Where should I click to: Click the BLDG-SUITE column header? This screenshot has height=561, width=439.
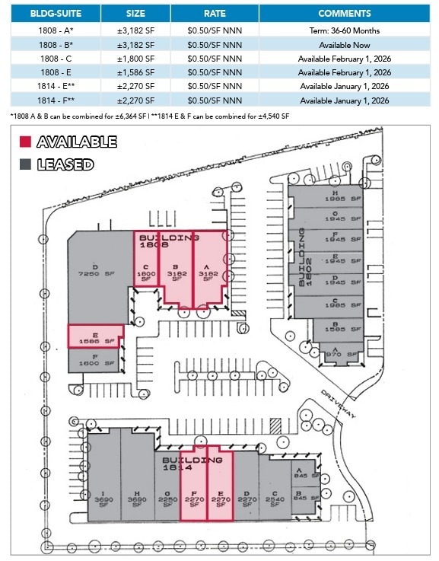coord(56,13)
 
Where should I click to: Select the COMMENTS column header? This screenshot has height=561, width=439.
coord(344,13)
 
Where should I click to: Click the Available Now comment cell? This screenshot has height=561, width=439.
coord(344,45)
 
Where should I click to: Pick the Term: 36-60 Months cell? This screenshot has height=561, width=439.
coord(344,31)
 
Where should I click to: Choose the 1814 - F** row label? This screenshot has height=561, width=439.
coord(56,100)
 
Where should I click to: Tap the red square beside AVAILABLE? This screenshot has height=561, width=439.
coord(25,142)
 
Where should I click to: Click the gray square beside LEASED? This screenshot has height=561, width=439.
coord(25,164)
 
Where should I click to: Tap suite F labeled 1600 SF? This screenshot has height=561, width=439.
coord(94,362)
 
